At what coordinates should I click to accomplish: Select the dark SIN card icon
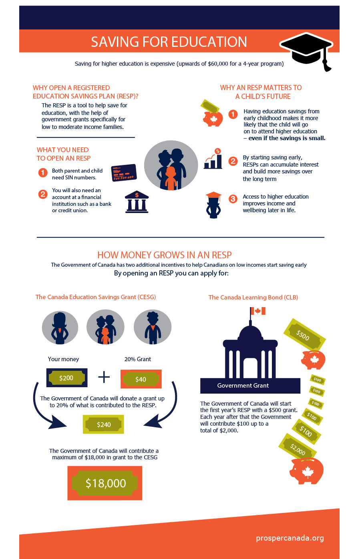(124, 173)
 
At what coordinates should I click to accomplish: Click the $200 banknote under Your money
(66, 378)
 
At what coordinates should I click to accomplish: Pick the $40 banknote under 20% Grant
(141, 379)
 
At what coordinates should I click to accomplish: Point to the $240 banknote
(104, 424)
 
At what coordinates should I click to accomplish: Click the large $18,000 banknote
(105, 483)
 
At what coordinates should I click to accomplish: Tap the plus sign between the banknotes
(104, 377)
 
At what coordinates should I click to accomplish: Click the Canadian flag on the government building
(257, 311)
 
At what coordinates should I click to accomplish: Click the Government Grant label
(243, 386)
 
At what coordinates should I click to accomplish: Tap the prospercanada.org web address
(290, 538)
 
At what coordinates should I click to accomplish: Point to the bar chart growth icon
(213, 159)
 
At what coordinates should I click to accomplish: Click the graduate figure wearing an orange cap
(213, 205)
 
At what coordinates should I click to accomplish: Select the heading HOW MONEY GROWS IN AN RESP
(165, 255)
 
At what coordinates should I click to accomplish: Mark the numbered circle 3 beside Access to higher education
(233, 199)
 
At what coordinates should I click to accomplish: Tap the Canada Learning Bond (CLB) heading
(253, 297)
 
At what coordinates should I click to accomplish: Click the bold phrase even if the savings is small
(287, 138)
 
